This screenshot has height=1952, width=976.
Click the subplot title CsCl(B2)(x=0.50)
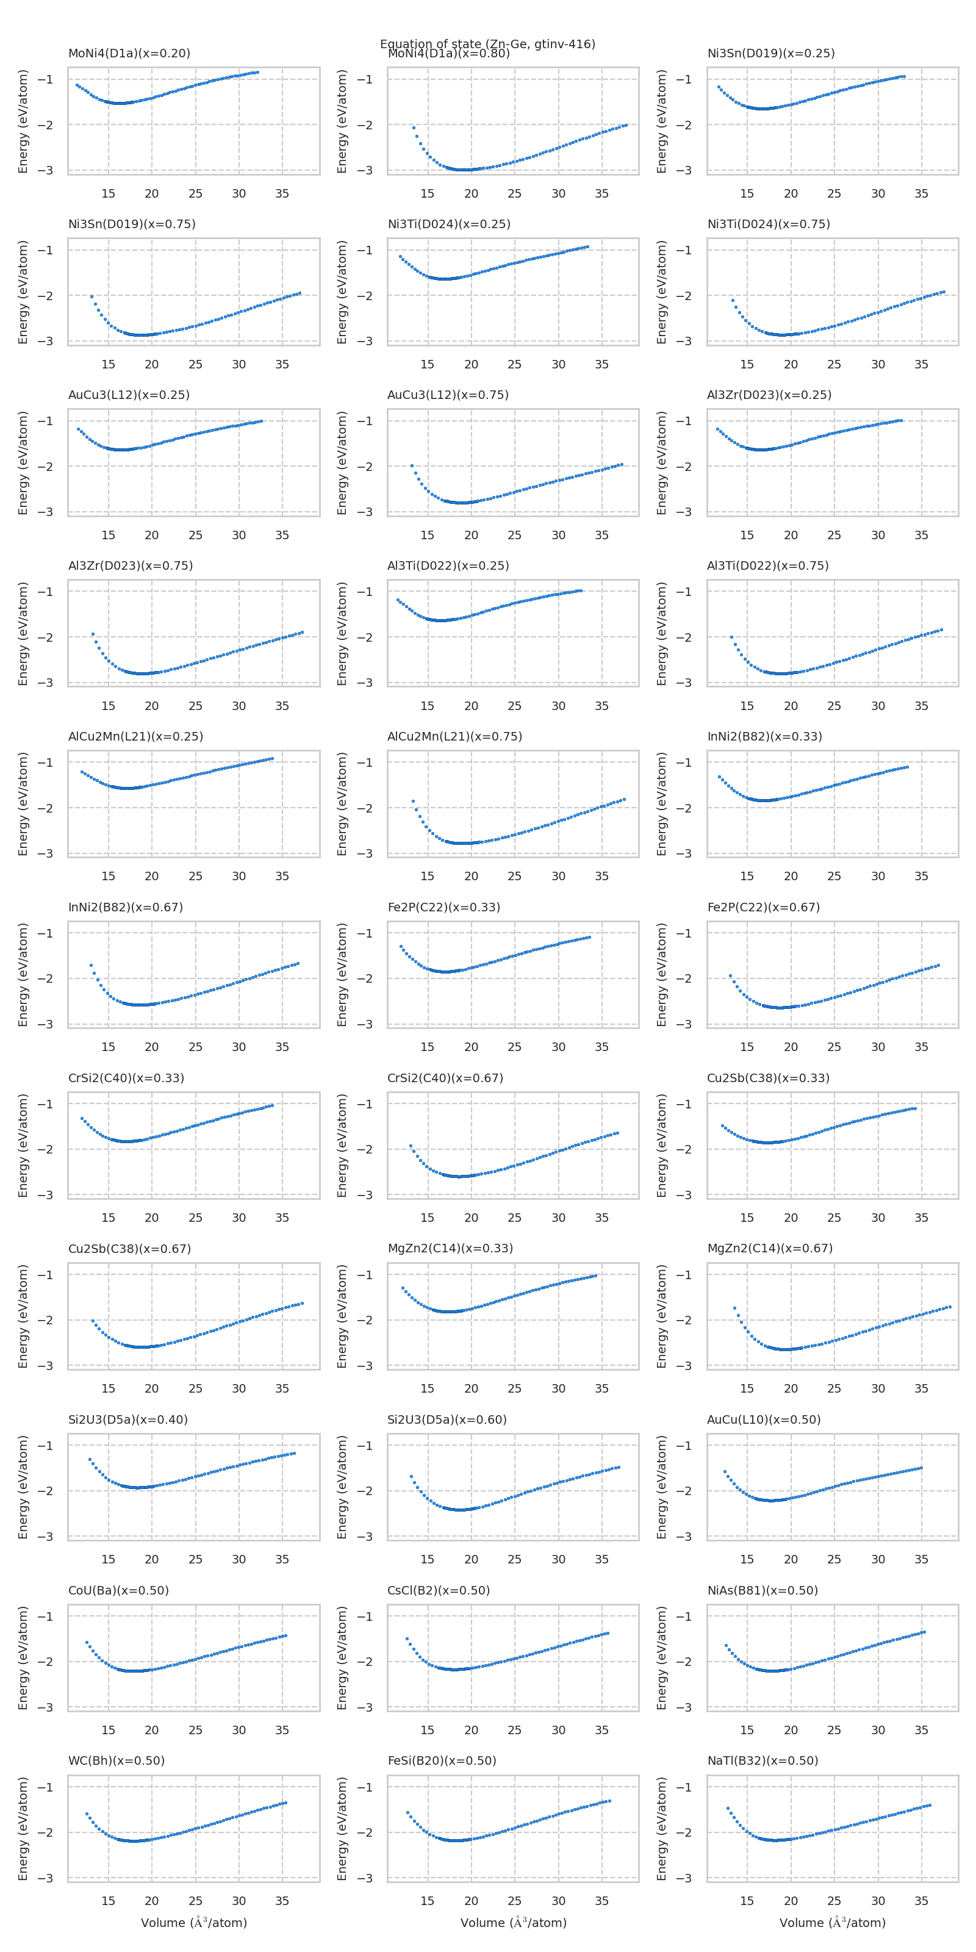[438, 1590]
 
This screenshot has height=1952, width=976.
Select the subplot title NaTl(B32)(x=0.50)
[762, 1760]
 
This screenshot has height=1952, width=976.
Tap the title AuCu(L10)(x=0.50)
[763, 1419]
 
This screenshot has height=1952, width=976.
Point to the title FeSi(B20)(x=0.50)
[442, 1760]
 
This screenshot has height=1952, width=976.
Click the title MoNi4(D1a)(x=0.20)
[129, 53]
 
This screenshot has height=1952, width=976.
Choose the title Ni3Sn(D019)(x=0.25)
[770, 53]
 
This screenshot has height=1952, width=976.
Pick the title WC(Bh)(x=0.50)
[116, 1760]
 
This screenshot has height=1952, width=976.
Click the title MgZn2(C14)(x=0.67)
[769, 1248]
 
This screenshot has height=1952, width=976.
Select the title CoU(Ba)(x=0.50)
[118, 1590]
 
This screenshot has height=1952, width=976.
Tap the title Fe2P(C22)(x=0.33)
[443, 907]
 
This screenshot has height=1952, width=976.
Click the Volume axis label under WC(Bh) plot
[194, 1923]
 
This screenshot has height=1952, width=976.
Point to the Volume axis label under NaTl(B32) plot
[832, 1923]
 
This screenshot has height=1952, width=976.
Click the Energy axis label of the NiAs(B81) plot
[661, 1657]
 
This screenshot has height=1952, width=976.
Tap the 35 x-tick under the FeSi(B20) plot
[601, 1901]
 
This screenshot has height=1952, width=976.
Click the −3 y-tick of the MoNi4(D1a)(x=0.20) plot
[46, 170]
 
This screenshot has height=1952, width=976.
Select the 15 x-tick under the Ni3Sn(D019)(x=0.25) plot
[747, 193]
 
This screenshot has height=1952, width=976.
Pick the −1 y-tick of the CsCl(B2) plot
[365, 1616]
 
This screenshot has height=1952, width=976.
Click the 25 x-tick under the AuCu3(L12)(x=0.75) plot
[514, 535]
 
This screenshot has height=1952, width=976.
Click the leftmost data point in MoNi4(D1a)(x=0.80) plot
[414, 127]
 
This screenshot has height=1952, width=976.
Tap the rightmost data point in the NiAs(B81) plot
[924, 1632]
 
